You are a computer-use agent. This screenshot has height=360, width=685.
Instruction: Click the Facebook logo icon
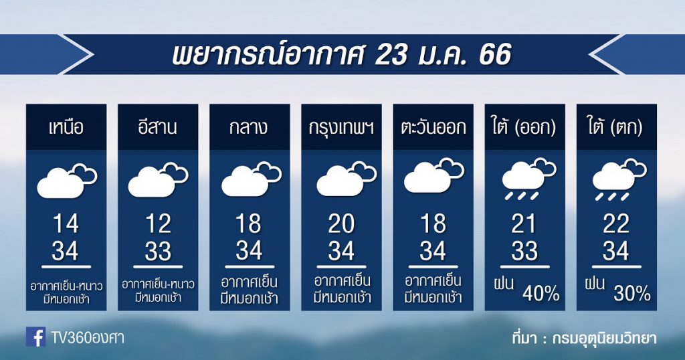(36, 337)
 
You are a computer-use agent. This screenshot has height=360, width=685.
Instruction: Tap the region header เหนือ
(66, 126)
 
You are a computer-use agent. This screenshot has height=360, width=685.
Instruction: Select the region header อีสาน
(157, 126)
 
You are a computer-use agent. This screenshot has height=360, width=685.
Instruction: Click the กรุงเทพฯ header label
(341, 128)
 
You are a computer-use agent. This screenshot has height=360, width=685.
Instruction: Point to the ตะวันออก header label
(433, 127)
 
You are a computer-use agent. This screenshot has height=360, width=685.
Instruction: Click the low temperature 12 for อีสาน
(158, 224)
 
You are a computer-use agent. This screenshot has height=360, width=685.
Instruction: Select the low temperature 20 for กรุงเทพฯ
(341, 224)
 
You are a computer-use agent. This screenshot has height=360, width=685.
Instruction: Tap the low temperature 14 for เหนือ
(66, 224)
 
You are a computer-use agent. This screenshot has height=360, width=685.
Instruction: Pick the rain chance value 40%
(541, 294)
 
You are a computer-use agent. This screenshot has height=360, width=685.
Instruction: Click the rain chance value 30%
(632, 294)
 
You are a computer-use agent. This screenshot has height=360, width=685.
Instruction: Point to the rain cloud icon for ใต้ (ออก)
(529, 179)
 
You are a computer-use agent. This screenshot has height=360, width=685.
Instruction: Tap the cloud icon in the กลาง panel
(252, 179)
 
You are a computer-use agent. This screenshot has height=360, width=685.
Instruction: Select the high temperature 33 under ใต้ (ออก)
(524, 251)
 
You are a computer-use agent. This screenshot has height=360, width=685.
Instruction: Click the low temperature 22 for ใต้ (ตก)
(616, 224)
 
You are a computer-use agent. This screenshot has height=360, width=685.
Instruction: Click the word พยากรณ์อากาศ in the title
(268, 55)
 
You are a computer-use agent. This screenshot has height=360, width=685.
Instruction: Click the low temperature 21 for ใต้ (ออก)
(523, 224)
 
